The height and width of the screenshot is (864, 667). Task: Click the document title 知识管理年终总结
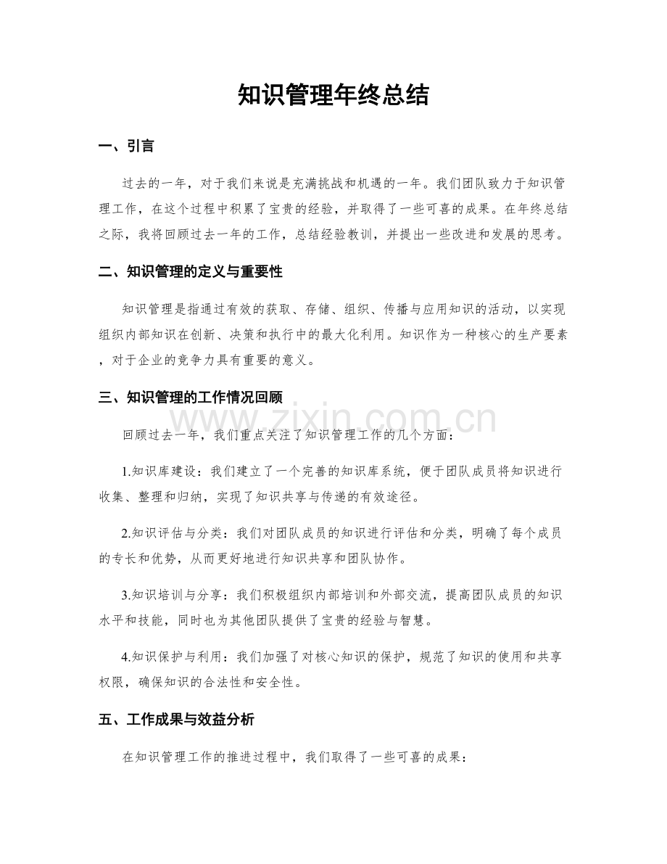click(333, 95)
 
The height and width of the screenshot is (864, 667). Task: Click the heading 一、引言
click(125, 147)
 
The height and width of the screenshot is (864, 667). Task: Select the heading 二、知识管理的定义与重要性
click(190, 272)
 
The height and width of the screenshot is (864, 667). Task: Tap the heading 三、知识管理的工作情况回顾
click(190, 397)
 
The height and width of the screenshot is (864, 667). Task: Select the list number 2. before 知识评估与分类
click(127, 534)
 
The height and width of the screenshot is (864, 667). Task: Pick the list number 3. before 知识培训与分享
click(127, 596)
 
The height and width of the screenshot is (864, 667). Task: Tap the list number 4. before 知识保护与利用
click(127, 658)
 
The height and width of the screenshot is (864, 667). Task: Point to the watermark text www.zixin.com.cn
click(333, 420)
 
